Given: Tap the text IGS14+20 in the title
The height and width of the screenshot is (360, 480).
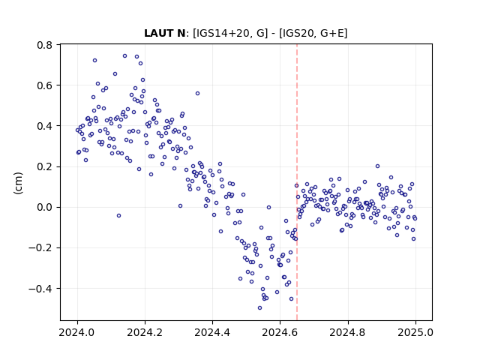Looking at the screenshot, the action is pos(221,33).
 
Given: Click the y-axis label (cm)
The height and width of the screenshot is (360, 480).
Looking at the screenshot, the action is pos(18,183).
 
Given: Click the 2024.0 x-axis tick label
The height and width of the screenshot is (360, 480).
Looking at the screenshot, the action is pos(77,332).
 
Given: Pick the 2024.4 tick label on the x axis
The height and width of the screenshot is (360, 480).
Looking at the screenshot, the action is pos(212,332).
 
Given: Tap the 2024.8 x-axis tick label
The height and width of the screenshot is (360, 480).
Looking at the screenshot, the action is pos(348,332).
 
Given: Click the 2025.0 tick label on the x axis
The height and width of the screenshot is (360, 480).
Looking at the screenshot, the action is pos(415,332).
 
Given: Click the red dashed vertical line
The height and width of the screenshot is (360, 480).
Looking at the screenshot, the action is pos(297,182).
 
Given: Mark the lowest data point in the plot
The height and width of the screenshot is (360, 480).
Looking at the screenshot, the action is pos(260,308).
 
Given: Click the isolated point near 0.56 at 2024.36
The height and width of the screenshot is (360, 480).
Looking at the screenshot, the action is pos(197,93).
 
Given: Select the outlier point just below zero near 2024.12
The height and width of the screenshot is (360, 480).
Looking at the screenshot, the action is pos(118,216).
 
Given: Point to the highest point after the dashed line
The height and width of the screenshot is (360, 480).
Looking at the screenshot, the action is pos(377,166).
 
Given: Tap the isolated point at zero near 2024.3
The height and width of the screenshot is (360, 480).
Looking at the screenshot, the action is pos(180,206).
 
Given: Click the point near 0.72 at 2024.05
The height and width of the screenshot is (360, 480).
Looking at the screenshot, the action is pos(95,61).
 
